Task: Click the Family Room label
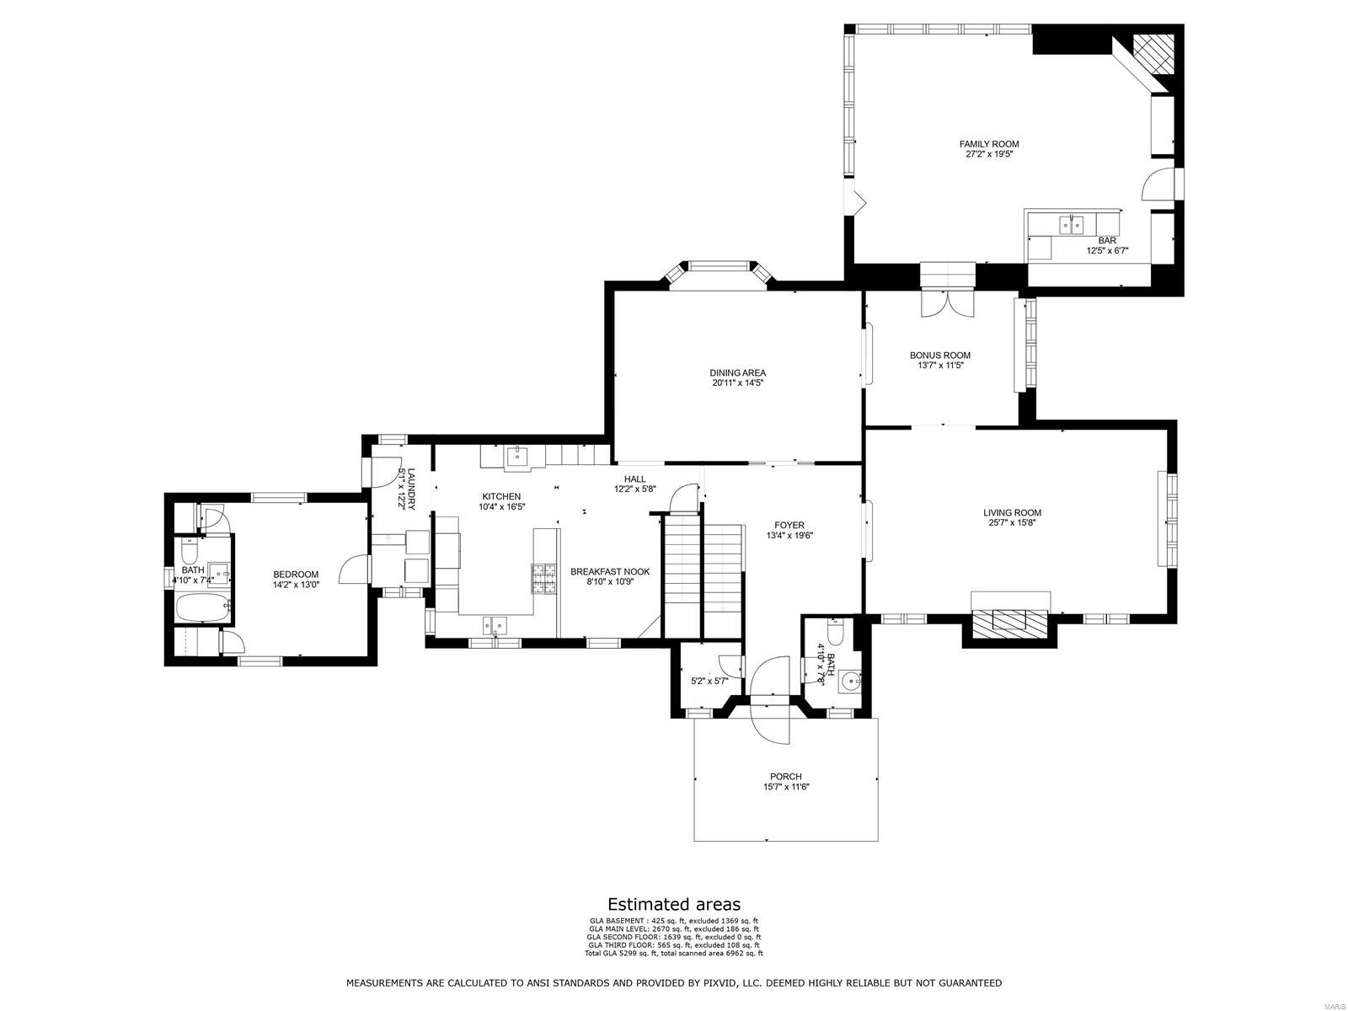click(989, 144)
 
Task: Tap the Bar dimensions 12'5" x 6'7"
click(1107, 250)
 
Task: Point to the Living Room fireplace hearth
click(1010, 619)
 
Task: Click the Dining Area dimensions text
click(737, 383)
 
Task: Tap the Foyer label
click(789, 525)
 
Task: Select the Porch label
click(785, 777)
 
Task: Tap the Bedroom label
click(296, 575)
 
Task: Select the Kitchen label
click(501, 496)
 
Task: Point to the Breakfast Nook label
click(610, 571)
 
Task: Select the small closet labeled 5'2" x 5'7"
click(709, 681)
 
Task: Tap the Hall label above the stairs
click(634, 479)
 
